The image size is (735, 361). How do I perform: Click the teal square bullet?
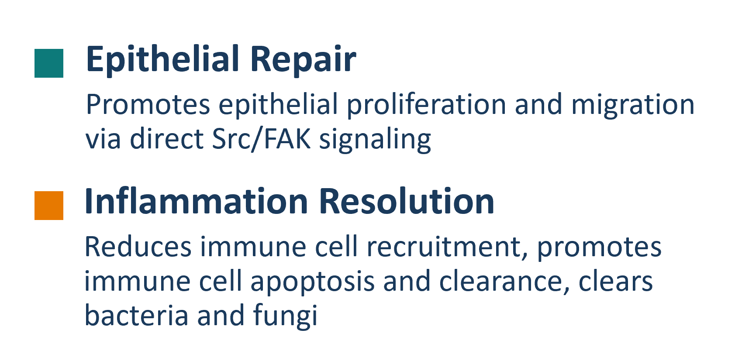49,63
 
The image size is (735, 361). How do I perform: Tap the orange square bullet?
49,205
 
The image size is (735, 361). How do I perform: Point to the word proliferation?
426,105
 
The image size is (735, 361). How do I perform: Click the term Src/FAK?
261,139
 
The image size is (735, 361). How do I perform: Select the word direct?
167,139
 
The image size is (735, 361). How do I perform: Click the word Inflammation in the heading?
197,201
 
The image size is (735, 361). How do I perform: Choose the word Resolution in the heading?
406,201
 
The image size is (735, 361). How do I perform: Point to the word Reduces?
138,247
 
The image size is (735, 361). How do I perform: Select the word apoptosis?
313,282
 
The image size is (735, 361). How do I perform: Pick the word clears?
615,282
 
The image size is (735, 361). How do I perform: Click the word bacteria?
137,315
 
